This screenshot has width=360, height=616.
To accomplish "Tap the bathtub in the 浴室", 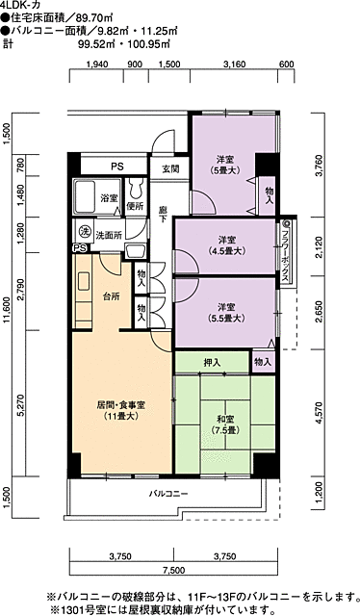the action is (84, 196).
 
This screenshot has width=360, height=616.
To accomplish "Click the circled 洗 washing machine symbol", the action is (84, 232).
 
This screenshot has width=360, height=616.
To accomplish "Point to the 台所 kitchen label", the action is (112, 297).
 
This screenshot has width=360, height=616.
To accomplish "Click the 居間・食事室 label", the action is (121, 404).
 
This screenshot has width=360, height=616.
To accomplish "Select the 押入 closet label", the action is (212, 363).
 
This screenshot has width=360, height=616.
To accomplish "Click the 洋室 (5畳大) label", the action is (225, 165).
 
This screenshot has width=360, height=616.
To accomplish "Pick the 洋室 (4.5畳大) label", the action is (227, 245).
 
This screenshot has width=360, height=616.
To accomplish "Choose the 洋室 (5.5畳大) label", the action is (227, 312).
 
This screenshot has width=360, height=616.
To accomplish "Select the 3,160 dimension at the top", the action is (234, 64).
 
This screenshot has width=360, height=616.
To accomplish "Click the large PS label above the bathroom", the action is (116, 167).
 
